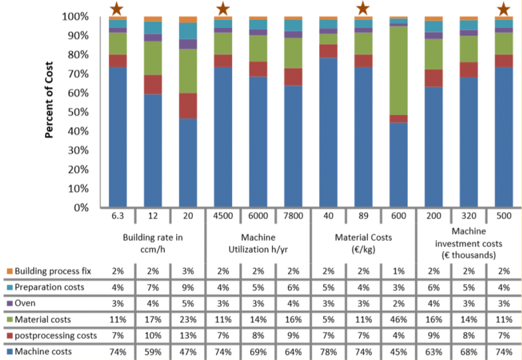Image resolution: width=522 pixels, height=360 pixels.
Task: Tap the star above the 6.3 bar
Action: pyautogui.click(x=117, y=9)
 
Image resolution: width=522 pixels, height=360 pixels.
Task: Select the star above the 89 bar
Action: pyautogui.click(x=363, y=9)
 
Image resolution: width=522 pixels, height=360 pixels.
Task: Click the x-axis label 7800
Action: pyautogui.click(x=293, y=216)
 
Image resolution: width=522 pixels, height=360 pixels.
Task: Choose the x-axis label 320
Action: pyautogui.click(x=469, y=216)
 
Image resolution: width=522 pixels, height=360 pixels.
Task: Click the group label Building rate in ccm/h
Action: pyautogui.click(x=152, y=242)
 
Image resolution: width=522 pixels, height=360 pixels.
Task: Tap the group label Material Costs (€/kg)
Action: pyautogui.click(x=363, y=242)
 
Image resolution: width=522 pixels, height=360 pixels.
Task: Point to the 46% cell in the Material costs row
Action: pyautogui.click(x=398, y=319)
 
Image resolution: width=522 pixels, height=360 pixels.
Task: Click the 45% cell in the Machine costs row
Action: pyautogui.click(x=398, y=350)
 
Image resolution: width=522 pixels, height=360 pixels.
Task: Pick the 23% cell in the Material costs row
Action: pyautogui.click(x=188, y=319)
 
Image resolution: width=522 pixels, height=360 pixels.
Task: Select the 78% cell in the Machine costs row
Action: pyautogui.click(x=328, y=350)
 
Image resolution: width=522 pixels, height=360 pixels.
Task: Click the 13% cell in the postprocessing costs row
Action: pyautogui.click(x=188, y=334)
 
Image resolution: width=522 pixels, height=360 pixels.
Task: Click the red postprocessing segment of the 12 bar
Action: pyautogui.click(x=152, y=85)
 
